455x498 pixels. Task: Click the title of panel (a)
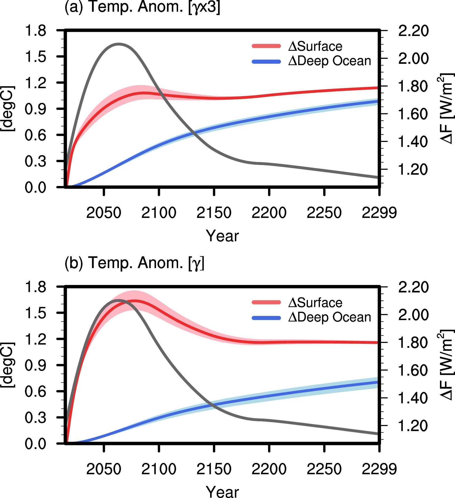tap(142, 7)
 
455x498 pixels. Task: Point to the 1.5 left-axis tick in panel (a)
tap(35, 57)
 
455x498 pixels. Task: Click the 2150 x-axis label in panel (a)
tap(214, 213)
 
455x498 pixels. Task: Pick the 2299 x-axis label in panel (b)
tap(379, 469)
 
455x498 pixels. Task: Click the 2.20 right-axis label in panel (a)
tap(413, 31)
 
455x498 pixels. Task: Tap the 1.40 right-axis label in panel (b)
tap(413, 398)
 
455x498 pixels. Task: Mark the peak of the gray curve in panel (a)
tap(119, 44)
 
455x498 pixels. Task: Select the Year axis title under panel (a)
tap(222, 236)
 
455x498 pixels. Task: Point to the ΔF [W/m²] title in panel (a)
tap(446, 109)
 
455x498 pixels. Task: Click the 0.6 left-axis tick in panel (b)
tap(35, 391)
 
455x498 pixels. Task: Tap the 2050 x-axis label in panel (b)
tap(104, 469)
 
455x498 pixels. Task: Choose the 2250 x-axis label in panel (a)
tap(324, 213)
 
